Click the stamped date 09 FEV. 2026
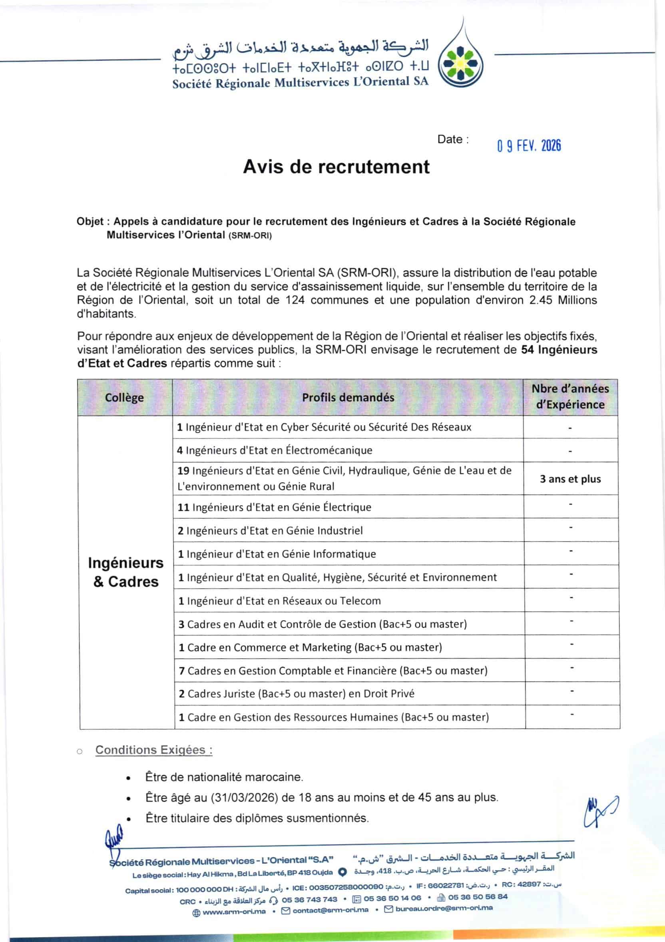tap(529, 145)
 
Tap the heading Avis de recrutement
tap(336, 167)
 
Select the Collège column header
tap(124, 397)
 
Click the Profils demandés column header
tap(348, 397)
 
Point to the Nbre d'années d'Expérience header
tap(570, 396)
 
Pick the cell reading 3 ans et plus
tap(570, 479)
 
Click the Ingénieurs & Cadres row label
tap(125, 572)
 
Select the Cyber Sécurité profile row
tap(324, 427)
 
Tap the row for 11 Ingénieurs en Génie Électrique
tap(274, 507)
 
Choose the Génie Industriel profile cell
tap(270, 530)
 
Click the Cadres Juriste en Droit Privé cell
tap(296, 693)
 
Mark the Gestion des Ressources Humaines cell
tap(334, 717)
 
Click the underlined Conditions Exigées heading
tap(154, 750)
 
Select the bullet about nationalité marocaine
tap(224, 777)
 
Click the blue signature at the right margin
tap(600, 812)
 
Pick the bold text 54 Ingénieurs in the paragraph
tap(559, 350)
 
